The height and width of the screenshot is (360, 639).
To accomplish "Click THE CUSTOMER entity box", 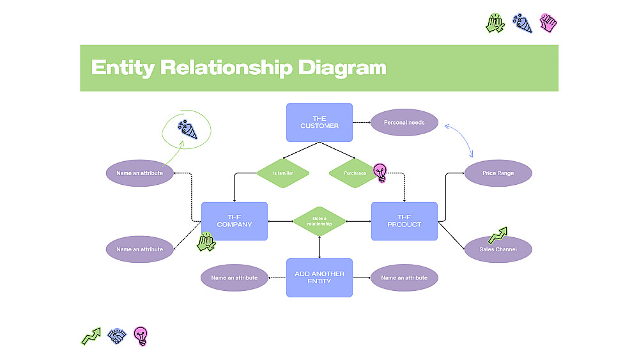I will coord(319,122).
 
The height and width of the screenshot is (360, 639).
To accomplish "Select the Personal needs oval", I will coord(404,122).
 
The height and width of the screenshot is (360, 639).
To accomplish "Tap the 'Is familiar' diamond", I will coord(283,173).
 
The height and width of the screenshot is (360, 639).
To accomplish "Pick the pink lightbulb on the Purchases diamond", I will coord(380,172).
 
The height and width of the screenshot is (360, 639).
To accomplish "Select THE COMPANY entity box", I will coord(235,221).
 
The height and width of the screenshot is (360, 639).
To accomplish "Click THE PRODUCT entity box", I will coord(404,221).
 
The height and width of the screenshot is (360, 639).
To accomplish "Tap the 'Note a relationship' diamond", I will coord(319,221).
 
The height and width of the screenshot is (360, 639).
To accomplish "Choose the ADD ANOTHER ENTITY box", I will coord(319,278).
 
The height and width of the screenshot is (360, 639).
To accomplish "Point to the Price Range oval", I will coord(498,173).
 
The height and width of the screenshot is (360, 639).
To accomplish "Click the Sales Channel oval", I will coord(498,249).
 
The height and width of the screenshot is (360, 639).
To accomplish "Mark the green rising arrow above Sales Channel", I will coord(497,235).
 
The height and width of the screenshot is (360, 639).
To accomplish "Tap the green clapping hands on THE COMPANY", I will coord(206,241).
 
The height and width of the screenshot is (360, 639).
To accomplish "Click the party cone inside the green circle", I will coord(188,130).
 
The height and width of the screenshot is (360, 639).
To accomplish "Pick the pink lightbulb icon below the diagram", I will coord(141,336).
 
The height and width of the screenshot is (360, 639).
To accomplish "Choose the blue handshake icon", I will coord(116,336).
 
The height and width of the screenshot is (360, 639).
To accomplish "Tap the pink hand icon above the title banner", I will coord(548,23).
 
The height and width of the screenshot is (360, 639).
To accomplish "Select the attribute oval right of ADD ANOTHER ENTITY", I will coord(404,278).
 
